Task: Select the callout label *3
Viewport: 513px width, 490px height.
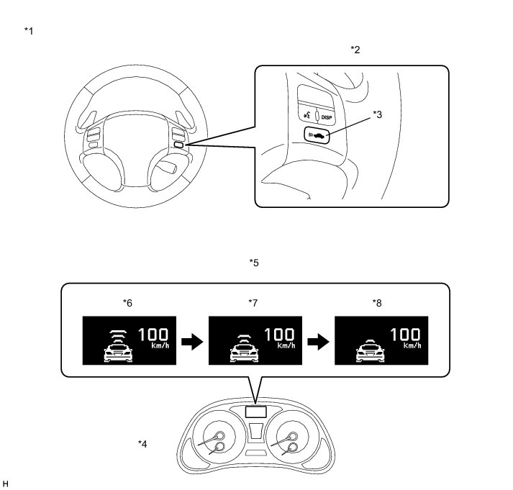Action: click(378, 114)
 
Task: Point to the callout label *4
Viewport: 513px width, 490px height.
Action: click(142, 443)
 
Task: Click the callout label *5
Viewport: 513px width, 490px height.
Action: click(254, 263)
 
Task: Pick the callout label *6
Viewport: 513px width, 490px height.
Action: click(128, 303)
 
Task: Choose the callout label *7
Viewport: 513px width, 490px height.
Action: click(252, 303)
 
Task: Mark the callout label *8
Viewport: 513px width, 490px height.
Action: click(377, 303)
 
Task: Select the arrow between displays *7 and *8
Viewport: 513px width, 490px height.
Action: click(315, 343)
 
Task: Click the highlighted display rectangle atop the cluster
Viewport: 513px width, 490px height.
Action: click(254, 412)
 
